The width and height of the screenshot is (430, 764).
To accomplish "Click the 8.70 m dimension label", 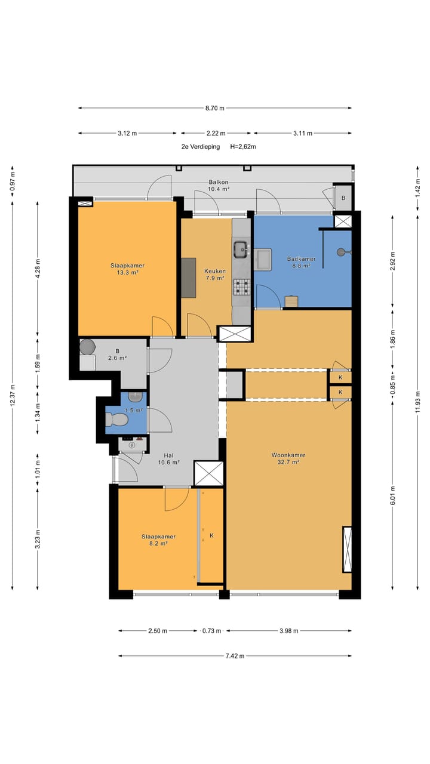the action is tap(214, 108).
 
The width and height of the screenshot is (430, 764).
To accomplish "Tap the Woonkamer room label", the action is tap(288, 455).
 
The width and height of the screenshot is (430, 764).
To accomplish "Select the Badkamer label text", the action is tap(301, 259).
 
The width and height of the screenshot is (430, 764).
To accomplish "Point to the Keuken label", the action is tap(214, 271).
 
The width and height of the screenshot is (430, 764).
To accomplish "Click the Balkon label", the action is tap(219, 182).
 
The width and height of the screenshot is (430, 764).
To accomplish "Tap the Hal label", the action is tap(168, 455).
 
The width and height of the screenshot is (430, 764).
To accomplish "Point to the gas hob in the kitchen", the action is tap(242, 287).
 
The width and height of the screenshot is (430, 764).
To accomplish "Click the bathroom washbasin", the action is tap(263, 260).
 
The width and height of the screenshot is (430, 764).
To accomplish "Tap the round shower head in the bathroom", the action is tap(341, 252).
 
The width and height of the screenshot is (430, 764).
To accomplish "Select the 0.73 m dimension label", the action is tap(211, 631).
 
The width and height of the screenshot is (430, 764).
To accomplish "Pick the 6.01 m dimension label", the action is tap(392, 495).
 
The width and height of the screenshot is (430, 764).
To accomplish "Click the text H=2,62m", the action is tap(243, 147).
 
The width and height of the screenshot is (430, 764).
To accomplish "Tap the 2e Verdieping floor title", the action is tap(201, 147).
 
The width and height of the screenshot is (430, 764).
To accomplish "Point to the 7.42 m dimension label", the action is tap(235, 656).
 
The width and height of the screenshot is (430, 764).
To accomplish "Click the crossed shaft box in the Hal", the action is tap(208, 473).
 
